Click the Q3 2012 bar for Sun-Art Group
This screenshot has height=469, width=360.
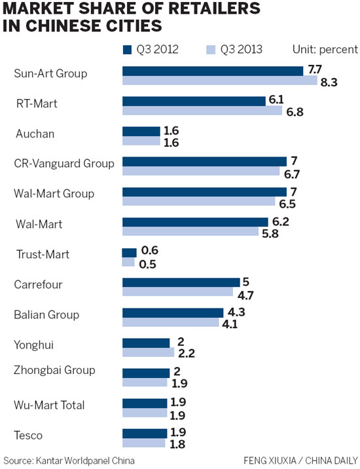tap(213, 71)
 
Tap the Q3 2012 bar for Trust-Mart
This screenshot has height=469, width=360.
tap(129, 252)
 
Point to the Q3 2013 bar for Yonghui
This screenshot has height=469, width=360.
tap(148, 352)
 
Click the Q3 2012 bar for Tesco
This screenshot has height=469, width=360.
tap(145, 433)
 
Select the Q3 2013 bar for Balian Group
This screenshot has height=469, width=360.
tap(171, 322)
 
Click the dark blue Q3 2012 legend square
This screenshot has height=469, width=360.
tap(127, 49)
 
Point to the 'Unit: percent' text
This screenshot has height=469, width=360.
tap(324, 49)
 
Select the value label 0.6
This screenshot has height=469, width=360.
tap(151, 252)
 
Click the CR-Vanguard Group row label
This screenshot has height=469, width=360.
tap(63, 163)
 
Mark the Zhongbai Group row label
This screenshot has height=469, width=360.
tap(54, 370)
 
